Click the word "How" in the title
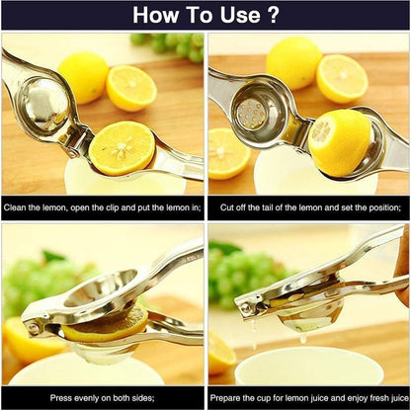tap(158, 15)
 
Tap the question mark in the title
tap(272, 15)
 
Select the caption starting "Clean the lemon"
tap(103, 208)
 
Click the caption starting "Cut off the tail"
tap(308, 208)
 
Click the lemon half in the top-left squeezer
tap(123, 146)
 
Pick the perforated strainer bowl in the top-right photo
tap(252, 112)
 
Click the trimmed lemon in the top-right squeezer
tap(339, 141)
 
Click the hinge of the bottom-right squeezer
tap(245, 308)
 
